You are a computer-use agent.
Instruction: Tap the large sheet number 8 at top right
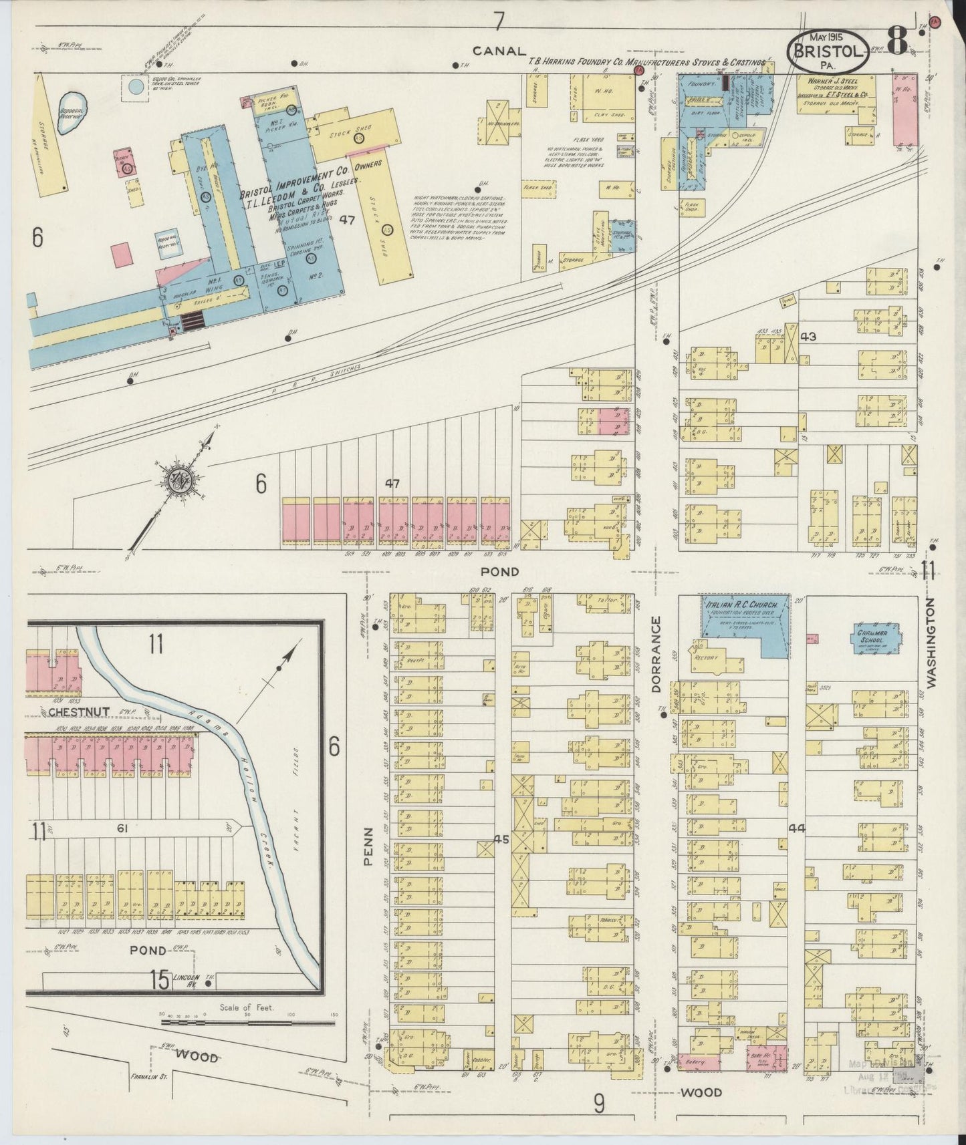tap(896, 41)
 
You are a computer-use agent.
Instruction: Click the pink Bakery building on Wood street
tap(699, 1061)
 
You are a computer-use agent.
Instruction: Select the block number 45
tap(502, 839)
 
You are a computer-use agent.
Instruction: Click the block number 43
tap(809, 337)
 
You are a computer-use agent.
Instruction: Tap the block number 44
tap(796, 829)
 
